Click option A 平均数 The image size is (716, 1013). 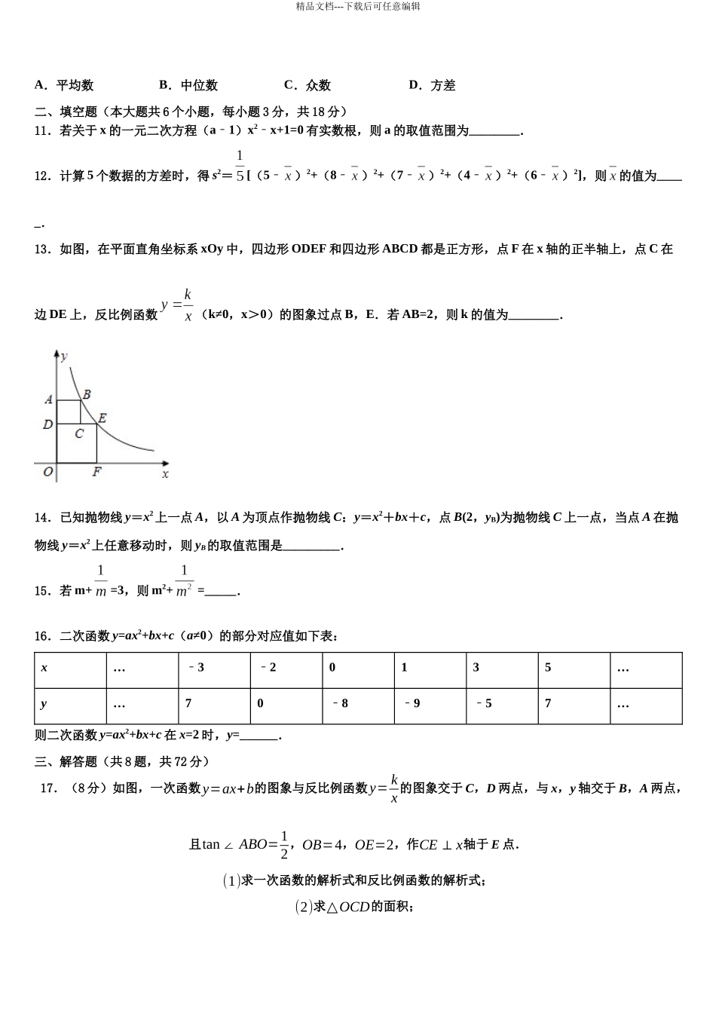(64, 85)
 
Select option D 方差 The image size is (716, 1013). (432, 85)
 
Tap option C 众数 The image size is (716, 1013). (308, 85)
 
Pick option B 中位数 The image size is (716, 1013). (188, 85)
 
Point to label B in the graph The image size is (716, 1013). (87, 393)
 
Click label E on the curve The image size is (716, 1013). (102, 418)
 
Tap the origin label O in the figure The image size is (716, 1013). (48, 472)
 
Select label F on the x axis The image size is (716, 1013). (96, 473)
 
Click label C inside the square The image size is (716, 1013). (78, 433)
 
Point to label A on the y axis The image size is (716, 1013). (48, 399)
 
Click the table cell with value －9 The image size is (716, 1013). (412, 703)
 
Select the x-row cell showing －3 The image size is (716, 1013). (195, 667)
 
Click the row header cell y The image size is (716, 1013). (44, 703)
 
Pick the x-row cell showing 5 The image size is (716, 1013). (548, 667)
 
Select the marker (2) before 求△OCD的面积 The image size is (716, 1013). (303, 906)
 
